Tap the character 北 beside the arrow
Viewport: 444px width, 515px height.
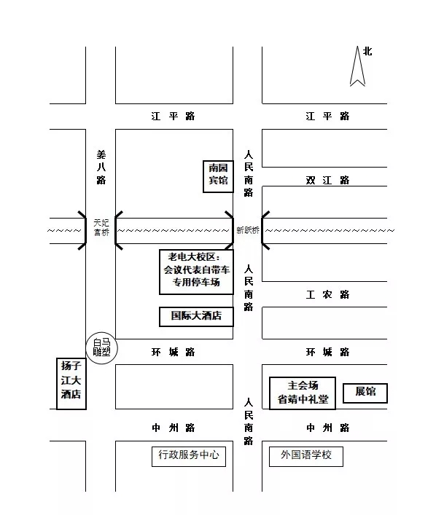(367, 51)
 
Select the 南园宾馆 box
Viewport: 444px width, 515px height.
(218, 176)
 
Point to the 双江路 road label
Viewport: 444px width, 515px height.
(327, 180)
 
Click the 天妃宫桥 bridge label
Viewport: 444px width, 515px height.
(101, 228)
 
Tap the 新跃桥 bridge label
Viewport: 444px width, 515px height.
(248, 230)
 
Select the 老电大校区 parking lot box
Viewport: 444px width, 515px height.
(196, 272)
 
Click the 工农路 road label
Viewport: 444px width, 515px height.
(327, 294)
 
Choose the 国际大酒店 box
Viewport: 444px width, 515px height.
(196, 316)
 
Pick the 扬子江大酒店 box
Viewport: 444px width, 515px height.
(71, 383)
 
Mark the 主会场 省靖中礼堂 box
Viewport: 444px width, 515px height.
(303, 393)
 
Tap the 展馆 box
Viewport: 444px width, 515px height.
(365, 393)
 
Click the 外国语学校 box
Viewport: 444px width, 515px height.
(306, 456)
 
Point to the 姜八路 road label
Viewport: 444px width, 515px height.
(101, 167)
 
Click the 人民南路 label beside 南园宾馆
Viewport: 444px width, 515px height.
(249, 173)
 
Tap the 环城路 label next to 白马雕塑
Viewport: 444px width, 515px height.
(174, 353)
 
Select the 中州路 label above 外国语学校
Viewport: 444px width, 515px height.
(327, 428)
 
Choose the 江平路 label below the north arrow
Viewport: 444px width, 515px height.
(327, 117)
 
